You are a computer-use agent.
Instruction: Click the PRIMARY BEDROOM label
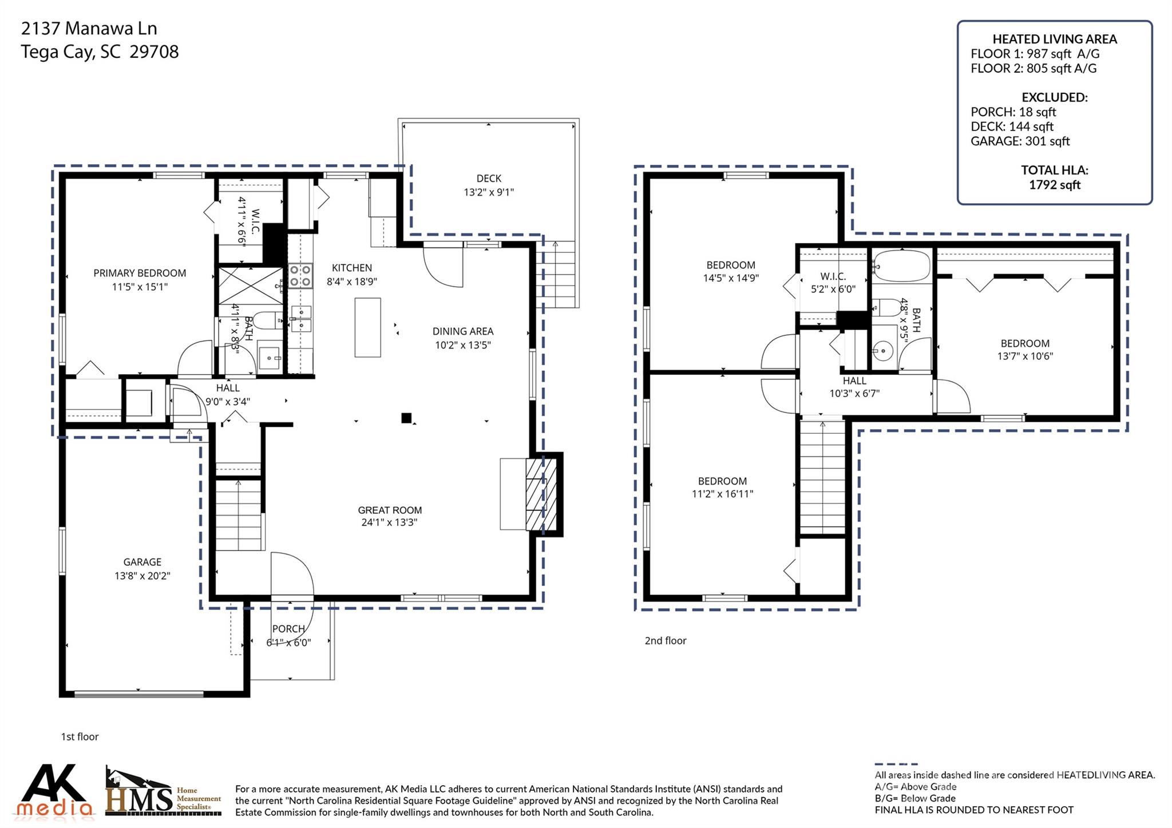pos(140,273)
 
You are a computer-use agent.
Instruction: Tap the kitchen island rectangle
pos(367,327)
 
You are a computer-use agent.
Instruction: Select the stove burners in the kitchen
pos(300,275)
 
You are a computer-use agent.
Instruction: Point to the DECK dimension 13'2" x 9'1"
pos(489,192)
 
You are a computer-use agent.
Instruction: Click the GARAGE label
pos(142,562)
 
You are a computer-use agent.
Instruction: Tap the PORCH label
pos(288,629)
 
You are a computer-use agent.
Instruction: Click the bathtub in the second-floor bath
pos(901,266)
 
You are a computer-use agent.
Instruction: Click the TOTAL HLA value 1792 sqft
pos(1054,185)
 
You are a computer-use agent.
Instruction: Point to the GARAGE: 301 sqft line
pos(1020,141)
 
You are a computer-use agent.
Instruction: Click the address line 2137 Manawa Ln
pos(89,28)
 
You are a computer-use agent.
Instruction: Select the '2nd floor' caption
pos(665,640)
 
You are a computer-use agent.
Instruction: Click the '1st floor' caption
pos(80,736)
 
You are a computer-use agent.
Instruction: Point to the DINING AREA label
pos(462,331)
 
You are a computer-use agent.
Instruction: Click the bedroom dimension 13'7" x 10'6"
pos(1024,356)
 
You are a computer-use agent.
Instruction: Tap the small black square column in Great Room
pos(406,418)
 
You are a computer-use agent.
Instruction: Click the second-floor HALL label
pos(854,381)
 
